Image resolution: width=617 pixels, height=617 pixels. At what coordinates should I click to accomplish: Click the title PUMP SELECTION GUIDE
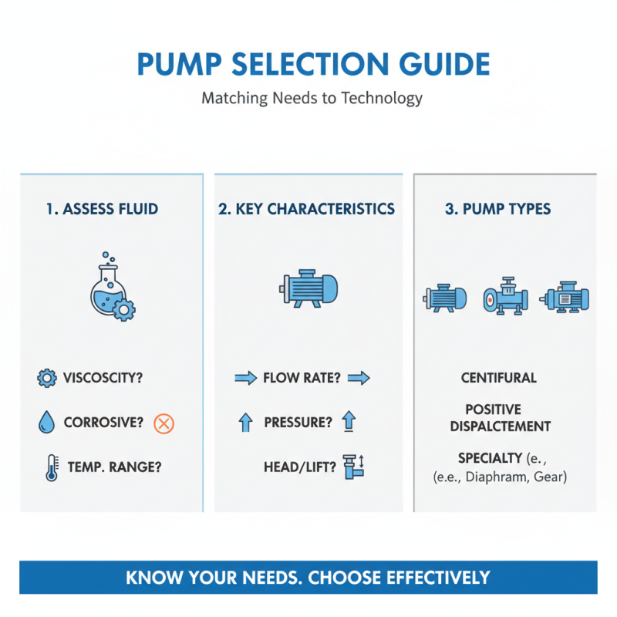tap(312, 64)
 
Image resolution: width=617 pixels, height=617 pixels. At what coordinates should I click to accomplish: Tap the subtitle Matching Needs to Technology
tap(312, 99)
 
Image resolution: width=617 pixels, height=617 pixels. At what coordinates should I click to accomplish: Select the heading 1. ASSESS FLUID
tap(102, 209)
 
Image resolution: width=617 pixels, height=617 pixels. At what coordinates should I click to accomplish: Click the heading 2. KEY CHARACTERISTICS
tap(307, 209)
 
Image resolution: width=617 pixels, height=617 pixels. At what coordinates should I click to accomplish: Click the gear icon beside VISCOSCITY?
tap(46, 378)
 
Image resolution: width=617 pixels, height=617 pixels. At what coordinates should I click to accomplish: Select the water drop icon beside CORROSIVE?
tap(46, 422)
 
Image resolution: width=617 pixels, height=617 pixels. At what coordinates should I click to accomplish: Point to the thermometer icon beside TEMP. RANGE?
tap(50, 467)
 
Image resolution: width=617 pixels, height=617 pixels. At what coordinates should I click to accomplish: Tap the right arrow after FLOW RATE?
tap(359, 378)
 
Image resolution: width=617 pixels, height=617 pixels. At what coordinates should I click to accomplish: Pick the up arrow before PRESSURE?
tap(245, 423)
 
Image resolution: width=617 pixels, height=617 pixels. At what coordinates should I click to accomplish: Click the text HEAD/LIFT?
tap(300, 466)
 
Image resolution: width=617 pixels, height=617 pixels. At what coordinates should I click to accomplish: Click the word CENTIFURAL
tap(499, 378)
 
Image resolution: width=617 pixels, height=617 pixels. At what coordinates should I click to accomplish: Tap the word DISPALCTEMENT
tap(500, 427)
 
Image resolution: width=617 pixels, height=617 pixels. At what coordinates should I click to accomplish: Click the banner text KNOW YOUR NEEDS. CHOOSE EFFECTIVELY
tap(308, 577)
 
